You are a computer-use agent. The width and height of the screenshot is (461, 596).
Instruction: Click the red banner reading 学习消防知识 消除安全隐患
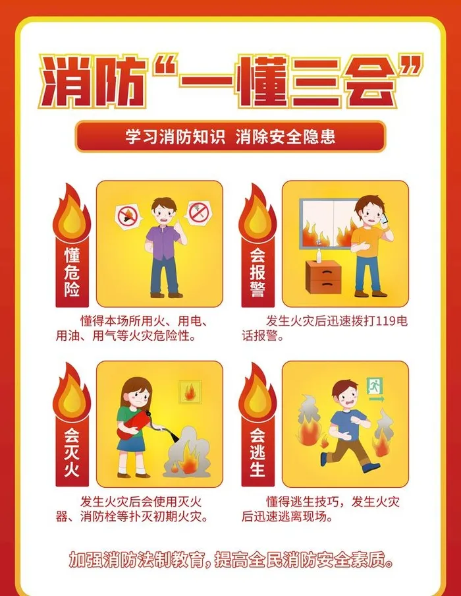[x=230, y=136]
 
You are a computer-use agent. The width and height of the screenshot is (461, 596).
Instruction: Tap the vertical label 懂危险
[x=72, y=272]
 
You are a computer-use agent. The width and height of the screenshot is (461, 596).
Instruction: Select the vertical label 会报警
[x=258, y=272]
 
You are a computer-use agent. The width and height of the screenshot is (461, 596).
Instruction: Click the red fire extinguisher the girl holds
[x=133, y=424]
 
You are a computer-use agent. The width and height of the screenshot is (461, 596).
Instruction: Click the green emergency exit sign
[x=375, y=386]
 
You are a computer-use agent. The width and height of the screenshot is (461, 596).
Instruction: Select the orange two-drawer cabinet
[x=324, y=277]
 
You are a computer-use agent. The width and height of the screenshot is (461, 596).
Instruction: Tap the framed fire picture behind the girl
[x=190, y=392]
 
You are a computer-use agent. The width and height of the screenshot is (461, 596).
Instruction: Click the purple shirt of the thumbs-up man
[x=163, y=243]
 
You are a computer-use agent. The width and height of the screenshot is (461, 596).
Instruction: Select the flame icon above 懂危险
[x=71, y=213]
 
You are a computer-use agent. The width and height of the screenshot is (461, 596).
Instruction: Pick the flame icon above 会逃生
[x=258, y=392]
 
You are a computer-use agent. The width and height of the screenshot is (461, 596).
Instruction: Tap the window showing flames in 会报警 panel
[x=329, y=224]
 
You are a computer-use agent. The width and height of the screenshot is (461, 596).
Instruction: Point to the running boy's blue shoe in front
[x=371, y=467]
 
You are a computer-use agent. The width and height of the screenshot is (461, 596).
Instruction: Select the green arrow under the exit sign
[x=376, y=399]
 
